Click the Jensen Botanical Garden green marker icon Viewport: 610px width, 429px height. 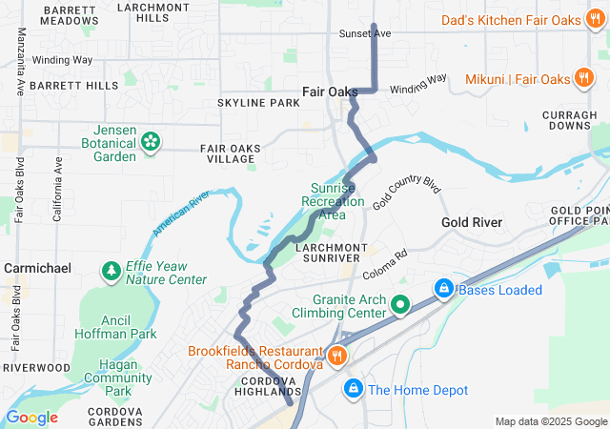150,142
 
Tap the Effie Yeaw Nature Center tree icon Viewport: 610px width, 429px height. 112,272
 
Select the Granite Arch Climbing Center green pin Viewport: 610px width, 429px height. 400,305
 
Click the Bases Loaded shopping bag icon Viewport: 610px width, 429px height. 443,288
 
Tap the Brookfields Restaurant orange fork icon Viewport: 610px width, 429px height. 335,357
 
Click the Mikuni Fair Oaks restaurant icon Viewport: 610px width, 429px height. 583,78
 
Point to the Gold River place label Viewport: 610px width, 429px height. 472,222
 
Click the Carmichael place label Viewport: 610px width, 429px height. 37,269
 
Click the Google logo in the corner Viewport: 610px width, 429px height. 31,418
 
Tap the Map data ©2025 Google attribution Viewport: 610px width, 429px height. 550,421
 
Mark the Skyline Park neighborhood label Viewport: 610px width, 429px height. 258,102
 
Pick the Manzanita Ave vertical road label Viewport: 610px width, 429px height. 20,60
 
